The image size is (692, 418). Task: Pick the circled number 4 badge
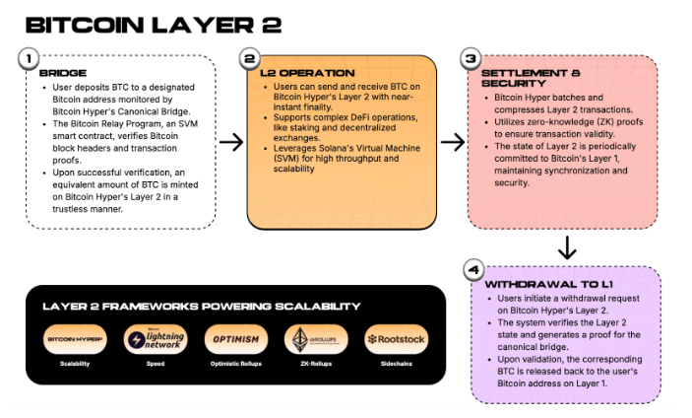[x=472, y=269]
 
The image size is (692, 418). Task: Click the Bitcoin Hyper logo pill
[x=77, y=339]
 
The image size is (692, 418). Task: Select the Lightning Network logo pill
[x=153, y=339]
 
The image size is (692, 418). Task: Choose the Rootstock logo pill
[x=396, y=339]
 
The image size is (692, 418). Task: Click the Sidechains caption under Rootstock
[x=396, y=365]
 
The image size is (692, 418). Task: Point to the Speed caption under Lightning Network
[x=153, y=365]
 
